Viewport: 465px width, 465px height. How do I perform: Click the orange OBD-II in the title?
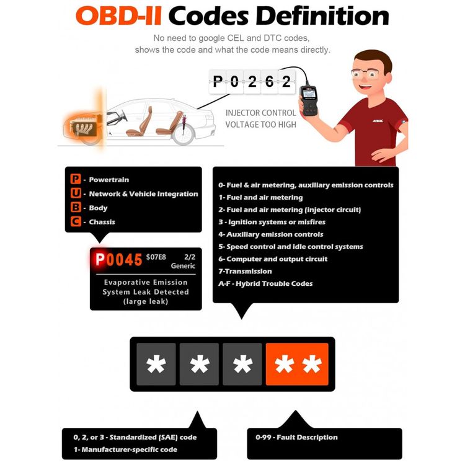(118, 15)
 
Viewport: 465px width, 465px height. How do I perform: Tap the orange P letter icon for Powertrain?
(76, 179)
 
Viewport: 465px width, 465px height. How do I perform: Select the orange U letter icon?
(76, 193)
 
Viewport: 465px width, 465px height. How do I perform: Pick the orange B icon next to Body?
(76, 207)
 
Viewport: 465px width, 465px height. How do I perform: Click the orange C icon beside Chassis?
(76, 221)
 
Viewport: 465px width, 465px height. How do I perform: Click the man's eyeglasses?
(365, 73)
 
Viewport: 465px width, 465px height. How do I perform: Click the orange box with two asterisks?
(297, 364)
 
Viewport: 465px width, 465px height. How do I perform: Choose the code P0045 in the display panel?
(119, 260)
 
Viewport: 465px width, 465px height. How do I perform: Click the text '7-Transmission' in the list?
(245, 271)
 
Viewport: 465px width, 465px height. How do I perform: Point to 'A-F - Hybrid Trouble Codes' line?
(265, 283)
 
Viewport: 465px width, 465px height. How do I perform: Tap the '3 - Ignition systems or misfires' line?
(272, 222)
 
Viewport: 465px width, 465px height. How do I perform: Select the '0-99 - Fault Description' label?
(296, 437)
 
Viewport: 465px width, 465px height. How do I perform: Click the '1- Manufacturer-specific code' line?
(125, 449)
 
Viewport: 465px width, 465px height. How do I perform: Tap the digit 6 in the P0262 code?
(269, 81)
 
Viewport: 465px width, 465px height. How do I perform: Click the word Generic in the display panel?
(183, 266)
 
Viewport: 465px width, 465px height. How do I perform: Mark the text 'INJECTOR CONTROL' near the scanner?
(260, 113)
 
